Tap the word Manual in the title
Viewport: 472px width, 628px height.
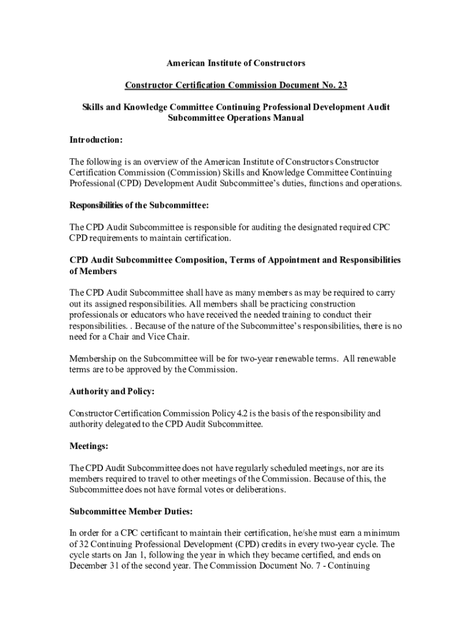[286, 118]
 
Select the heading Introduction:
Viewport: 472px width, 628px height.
[96, 140]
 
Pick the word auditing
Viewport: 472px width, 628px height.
[248, 227]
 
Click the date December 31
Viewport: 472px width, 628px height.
[98, 565]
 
